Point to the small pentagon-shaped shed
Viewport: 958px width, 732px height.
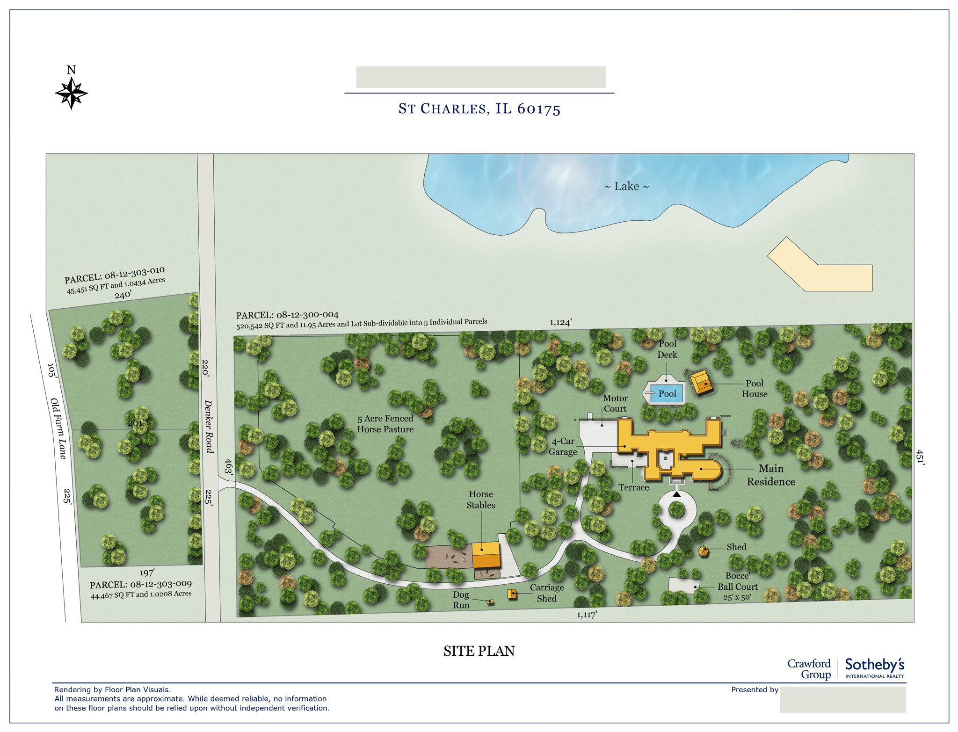click(703, 551)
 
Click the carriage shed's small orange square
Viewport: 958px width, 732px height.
click(512, 594)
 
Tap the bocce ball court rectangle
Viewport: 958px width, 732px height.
click(684, 585)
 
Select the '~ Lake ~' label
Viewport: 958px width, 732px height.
click(626, 187)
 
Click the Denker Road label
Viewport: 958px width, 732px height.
click(209, 427)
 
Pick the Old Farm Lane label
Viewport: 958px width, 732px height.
click(58, 428)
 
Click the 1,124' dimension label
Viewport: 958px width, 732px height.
click(560, 322)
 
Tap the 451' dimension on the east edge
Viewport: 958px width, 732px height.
click(920, 457)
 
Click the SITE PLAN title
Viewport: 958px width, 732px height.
click(479, 651)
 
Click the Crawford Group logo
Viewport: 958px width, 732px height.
click(809, 669)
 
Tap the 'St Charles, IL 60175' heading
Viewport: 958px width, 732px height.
click(479, 109)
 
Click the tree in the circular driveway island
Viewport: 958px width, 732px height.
click(676, 510)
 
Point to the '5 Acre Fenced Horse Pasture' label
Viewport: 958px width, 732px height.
click(385, 424)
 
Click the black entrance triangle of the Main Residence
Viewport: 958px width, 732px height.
click(676, 494)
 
